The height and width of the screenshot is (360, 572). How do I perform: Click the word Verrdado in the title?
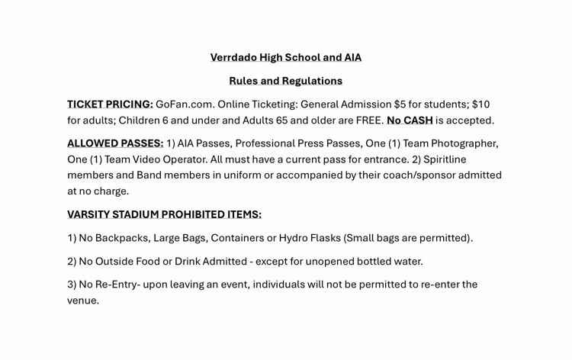tap(233, 57)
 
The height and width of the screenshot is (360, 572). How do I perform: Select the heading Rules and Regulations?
tap(285, 81)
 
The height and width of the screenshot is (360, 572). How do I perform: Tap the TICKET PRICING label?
tap(110, 104)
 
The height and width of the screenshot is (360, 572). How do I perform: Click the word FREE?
tap(369, 121)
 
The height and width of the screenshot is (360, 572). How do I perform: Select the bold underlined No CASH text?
tap(410, 121)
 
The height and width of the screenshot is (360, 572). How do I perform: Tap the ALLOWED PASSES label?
tap(115, 143)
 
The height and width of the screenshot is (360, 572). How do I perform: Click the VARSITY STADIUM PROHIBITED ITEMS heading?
tap(164, 214)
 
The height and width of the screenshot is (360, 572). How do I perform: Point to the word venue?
tap(82, 301)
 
